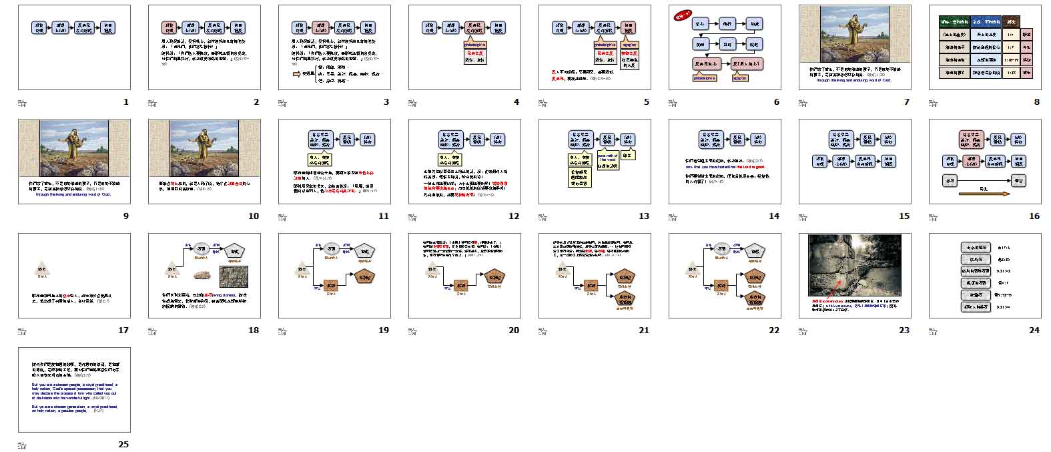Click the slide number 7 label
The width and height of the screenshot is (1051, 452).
pos(906,102)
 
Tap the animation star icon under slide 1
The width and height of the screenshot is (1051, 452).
pos(22,103)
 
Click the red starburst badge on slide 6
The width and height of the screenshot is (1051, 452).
pos(683,15)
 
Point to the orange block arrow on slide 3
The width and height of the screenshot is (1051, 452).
pos(297,74)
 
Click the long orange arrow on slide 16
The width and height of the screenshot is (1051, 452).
pos(984,194)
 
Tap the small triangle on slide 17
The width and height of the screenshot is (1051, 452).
pos(41,268)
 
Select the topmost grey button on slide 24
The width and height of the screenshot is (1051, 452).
pos(974,247)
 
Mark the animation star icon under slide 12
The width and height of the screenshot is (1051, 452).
pos(412,217)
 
